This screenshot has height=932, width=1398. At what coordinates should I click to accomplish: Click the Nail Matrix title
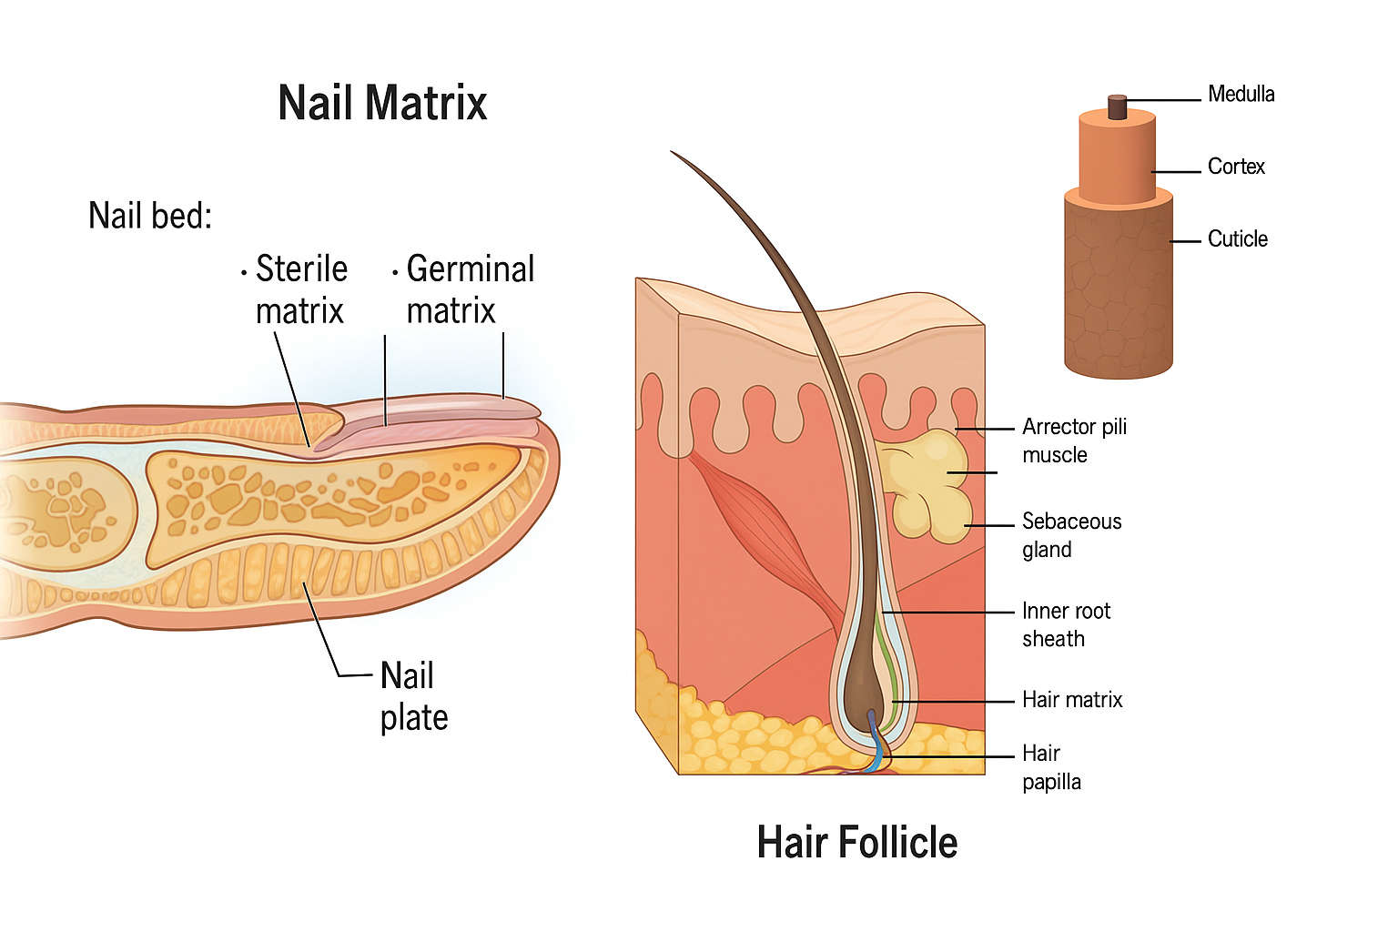pos(382,103)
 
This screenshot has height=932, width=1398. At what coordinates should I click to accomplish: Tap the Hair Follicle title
pos(856,842)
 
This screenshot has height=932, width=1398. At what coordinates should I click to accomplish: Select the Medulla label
pos(1241,94)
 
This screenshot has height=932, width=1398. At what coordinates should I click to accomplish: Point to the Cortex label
pos(1236,167)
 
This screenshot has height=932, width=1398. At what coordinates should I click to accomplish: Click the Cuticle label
pos(1237,239)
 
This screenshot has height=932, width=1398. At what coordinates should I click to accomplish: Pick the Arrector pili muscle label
pos(1074,441)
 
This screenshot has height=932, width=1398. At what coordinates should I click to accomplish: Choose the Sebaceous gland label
pos(1071,535)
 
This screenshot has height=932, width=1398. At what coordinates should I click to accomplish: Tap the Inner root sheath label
pos(1066,624)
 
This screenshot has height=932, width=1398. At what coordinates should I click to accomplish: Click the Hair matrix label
pos(1072,700)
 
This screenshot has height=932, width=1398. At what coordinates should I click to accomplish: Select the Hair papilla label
pos(1051,767)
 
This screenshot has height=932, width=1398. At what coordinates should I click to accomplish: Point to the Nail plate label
pos(413,696)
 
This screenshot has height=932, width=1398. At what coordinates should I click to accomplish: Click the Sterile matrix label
pos(300,289)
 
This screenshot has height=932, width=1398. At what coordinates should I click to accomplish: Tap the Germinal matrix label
pos(469,289)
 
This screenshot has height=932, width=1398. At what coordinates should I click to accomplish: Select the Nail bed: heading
pos(150,217)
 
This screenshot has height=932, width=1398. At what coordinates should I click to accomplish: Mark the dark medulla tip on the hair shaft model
pos(1117,107)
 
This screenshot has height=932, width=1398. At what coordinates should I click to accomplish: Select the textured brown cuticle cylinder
pos(1118,291)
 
